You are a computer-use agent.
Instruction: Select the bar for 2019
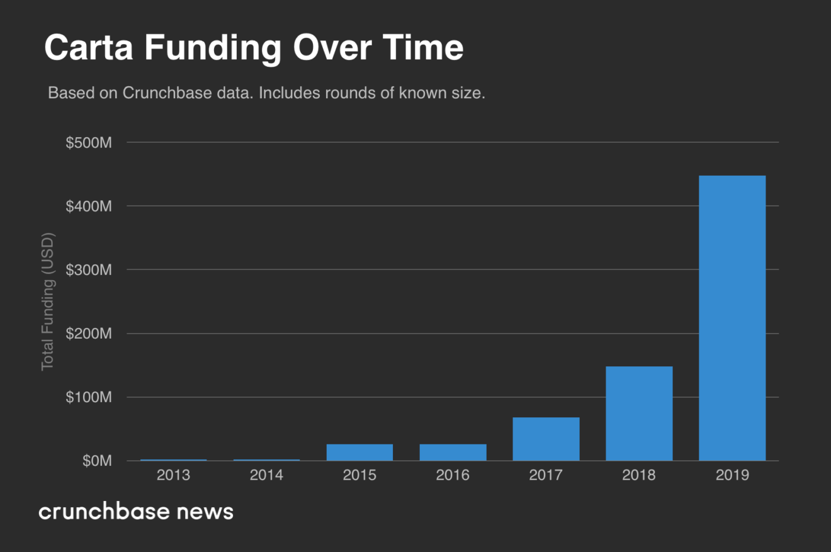point(732,318)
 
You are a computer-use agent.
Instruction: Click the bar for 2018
point(639,414)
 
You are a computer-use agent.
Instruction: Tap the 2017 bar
point(546,439)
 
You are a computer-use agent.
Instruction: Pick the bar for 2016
point(453,453)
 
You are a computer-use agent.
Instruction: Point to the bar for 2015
point(359,453)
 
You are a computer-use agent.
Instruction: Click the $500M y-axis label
point(89,143)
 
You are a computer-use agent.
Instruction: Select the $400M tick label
point(89,206)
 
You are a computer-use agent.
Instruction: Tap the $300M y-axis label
point(89,270)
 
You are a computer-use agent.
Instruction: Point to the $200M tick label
point(89,334)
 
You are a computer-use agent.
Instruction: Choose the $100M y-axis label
point(89,398)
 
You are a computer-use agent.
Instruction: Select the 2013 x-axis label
point(173,475)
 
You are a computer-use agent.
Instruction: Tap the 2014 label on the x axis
point(266,475)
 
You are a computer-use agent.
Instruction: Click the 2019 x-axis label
point(732,475)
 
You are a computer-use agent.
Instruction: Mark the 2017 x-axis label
point(546,475)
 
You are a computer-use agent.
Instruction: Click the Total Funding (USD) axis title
point(48,301)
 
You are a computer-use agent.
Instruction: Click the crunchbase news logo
point(136,511)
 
